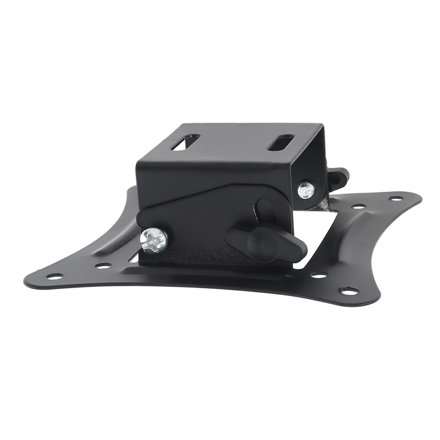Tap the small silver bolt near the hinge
tap(304, 191)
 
